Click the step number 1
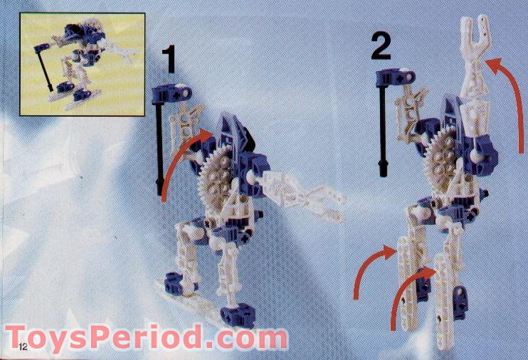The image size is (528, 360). pyautogui.click(x=169, y=60)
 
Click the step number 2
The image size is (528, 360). pyautogui.click(x=381, y=47)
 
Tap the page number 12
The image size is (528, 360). pyautogui.click(x=23, y=346)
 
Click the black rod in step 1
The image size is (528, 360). pyautogui.click(x=160, y=148)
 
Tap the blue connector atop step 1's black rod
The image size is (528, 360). pyautogui.click(x=171, y=94)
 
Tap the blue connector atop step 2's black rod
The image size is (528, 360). pyautogui.click(x=395, y=77)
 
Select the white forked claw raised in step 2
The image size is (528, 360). pyautogui.click(x=475, y=54)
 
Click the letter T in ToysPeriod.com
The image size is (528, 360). pyautogui.click(x=18, y=337)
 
